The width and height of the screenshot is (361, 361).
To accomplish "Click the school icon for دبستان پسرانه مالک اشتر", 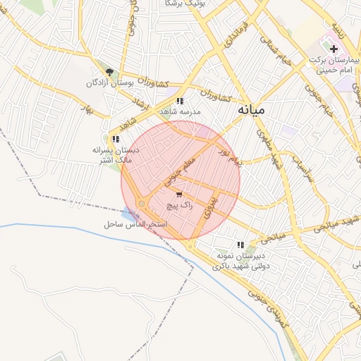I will point(116,139).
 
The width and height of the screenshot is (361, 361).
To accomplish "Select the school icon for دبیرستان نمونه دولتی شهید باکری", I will point(241,244).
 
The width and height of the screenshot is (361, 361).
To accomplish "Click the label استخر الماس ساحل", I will point(132,224).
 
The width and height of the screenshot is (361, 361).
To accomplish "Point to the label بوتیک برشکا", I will point(169,4).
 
